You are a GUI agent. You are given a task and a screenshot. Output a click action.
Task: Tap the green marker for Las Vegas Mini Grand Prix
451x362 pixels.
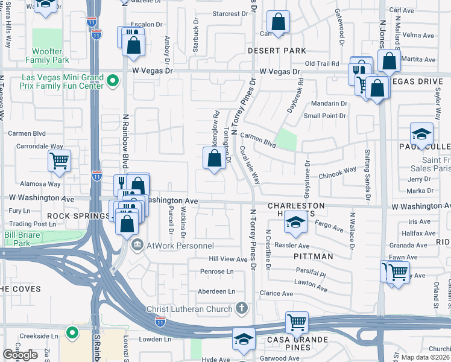point(112,81)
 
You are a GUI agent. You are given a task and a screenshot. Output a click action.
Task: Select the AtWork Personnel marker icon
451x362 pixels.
point(137,245)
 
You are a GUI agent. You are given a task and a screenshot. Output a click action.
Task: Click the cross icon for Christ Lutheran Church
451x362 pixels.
point(241,309)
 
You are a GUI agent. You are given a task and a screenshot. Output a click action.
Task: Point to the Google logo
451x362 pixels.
point(20,355)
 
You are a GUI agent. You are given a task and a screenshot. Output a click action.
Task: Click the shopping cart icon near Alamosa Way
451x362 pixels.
point(59,161)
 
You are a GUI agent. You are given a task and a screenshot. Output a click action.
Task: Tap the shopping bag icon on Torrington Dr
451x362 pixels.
point(213,159)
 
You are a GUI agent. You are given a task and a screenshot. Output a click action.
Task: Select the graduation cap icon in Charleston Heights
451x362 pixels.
point(295,224)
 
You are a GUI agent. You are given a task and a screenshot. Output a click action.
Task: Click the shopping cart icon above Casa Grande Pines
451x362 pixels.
point(297,322)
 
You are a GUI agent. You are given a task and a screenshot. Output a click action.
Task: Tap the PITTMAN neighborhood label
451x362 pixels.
point(314,256)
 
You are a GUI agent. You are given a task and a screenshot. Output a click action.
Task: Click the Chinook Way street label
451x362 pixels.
point(342,172)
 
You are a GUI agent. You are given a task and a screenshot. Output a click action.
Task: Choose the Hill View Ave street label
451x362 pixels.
point(228,258)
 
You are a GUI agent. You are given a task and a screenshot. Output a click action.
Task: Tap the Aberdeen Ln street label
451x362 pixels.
point(217,291)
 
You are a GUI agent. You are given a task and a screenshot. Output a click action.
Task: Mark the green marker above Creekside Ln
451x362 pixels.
point(72,332)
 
